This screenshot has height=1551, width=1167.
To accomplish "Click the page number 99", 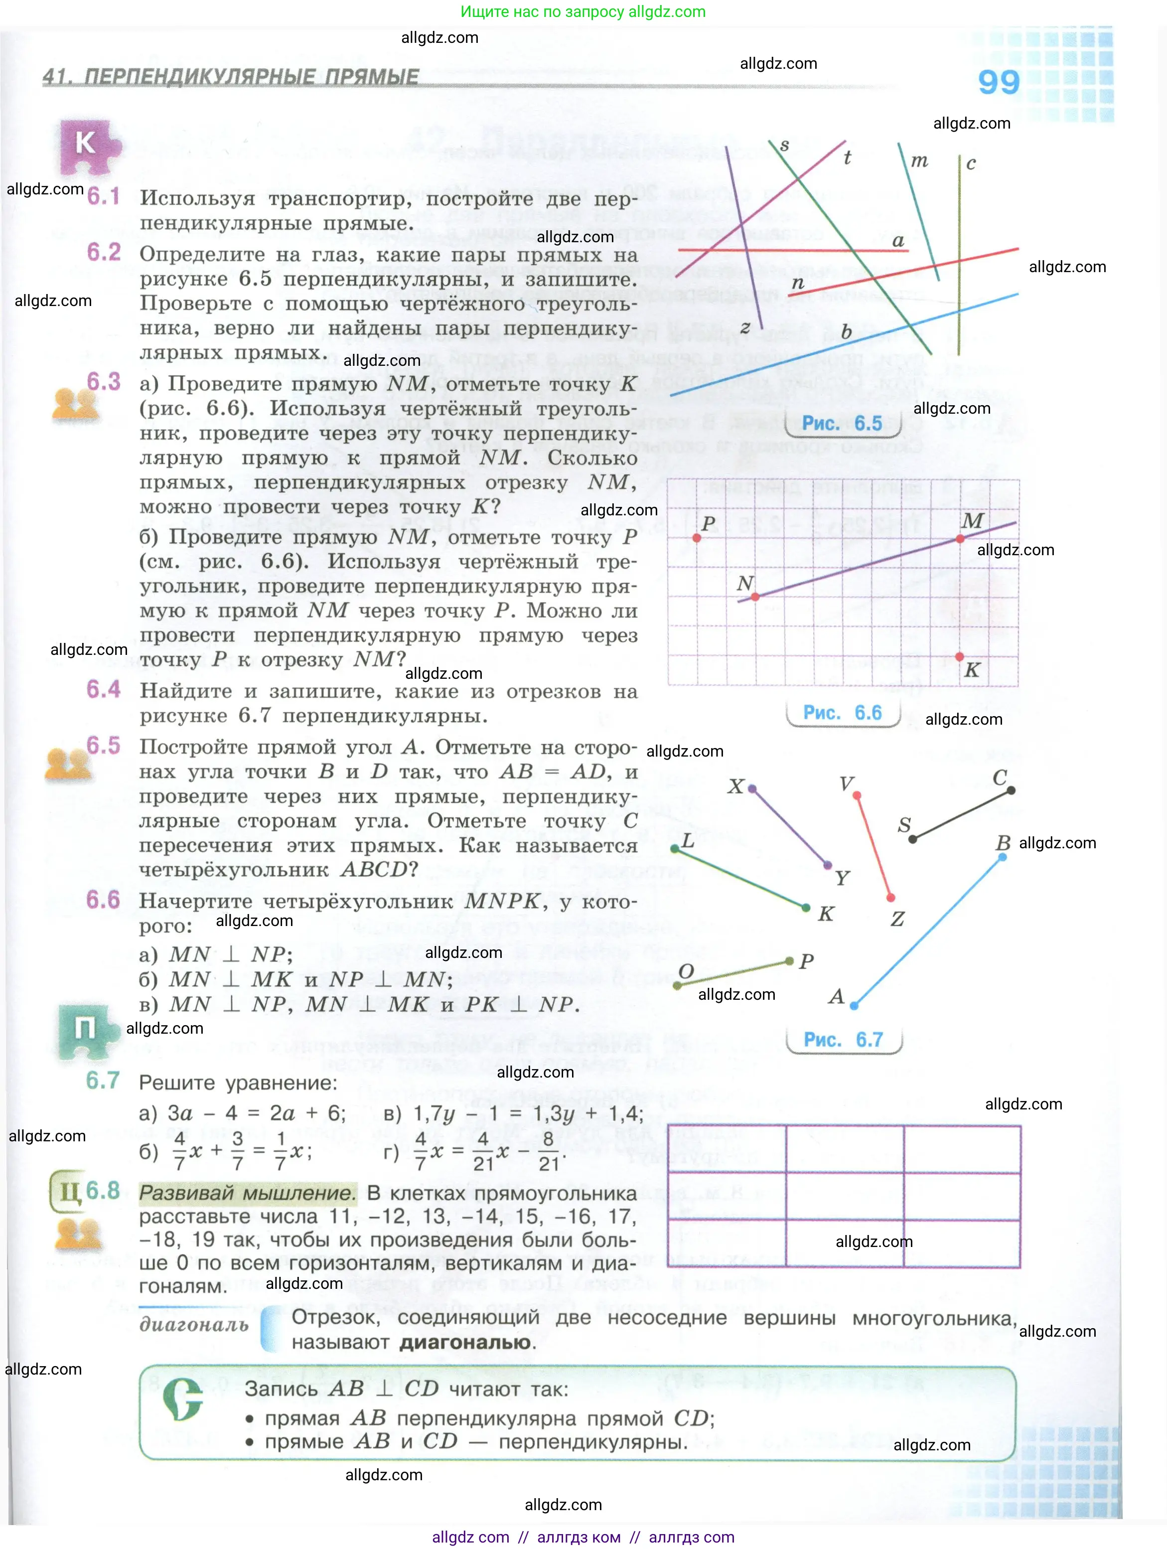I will click(998, 83).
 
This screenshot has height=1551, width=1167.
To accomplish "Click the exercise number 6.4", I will click(103, 689).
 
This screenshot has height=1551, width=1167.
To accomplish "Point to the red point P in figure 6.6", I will click(696, 538).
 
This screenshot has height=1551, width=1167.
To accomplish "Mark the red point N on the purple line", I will click(755, 597).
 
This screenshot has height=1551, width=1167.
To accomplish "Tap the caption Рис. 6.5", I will click(842, 424).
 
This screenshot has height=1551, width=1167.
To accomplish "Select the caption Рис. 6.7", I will click(843, 1039).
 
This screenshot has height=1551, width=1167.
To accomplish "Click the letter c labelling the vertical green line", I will click(971, 164).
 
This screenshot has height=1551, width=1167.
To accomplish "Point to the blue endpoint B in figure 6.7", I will click(1002, 857).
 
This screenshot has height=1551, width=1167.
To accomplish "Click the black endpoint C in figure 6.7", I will click(1011, 790).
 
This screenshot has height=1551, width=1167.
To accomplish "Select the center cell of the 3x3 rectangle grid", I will click(844, 1196).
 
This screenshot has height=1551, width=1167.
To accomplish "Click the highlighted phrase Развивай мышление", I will click(247, 1193).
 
